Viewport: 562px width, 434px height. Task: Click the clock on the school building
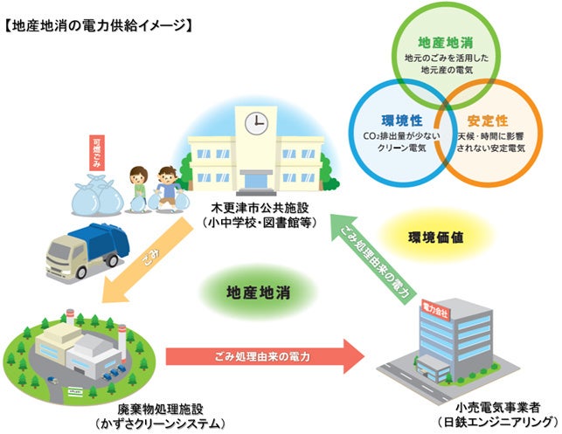coord(256,122)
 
